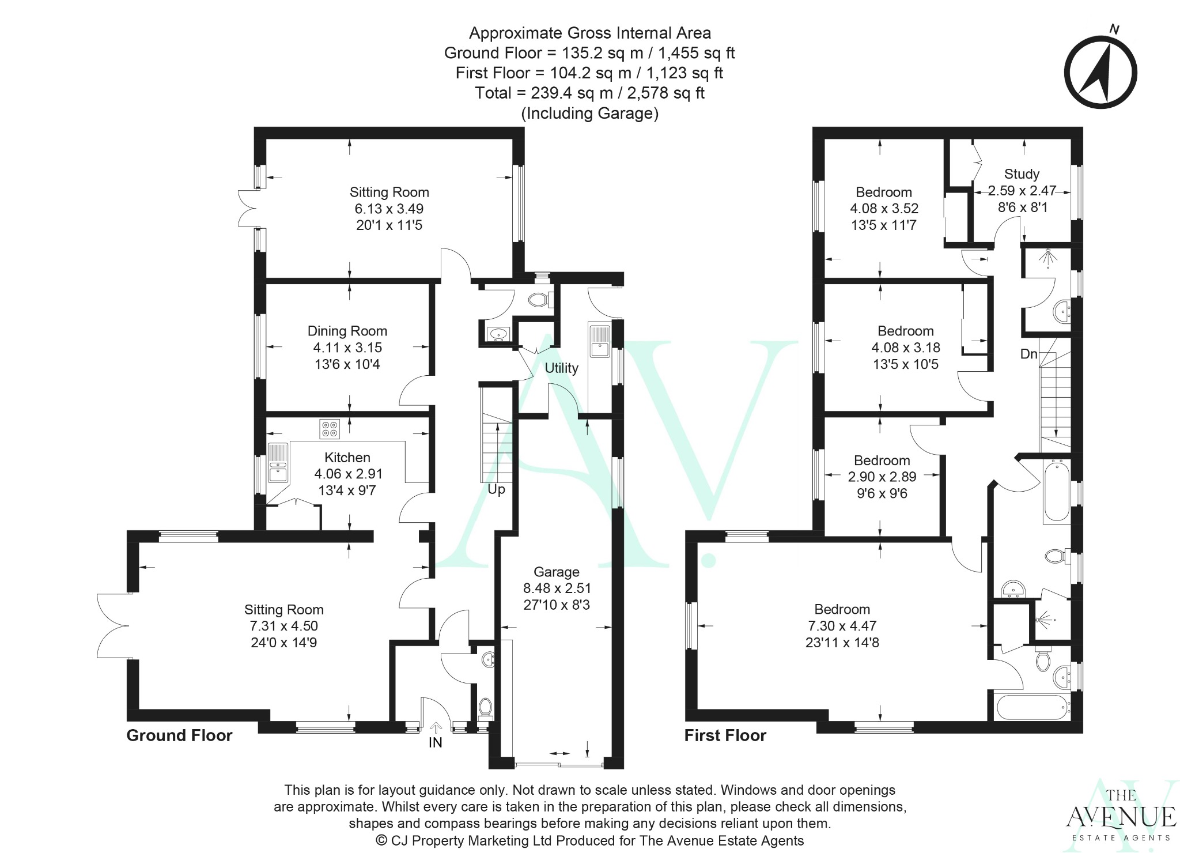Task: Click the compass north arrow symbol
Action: click(x=1100, y=73)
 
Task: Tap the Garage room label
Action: click(x=556, y=572)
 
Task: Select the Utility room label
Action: click(x=561, y=368)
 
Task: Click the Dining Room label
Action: click(x=347, y=331)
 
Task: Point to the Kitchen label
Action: click(x=347, y=457)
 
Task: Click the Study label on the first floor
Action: click(x=1022, y=173)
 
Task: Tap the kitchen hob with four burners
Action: click(x=330, y=429)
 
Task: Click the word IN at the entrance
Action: click(x=435, y=742)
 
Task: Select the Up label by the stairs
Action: click(x=496, y=489)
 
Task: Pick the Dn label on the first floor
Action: click(x=1028, y=354)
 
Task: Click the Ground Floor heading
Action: click(x=179, y=735)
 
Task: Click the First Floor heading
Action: click(x=725, y=735)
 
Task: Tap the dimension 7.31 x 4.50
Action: click(x=283, y=626)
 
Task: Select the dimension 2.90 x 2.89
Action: click(x=882, y=477)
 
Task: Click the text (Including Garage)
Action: click(x=589, y=113)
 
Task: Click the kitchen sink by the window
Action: click(x=278, y=463)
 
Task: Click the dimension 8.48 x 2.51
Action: click(x=557, y=588)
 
